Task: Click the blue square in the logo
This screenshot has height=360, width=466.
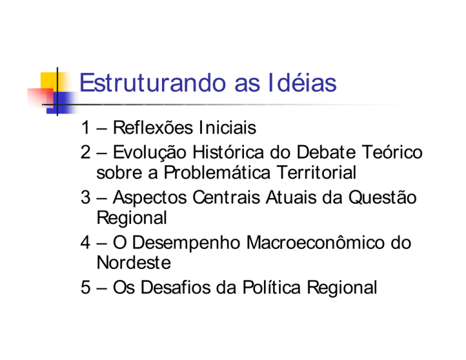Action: pos(60,103)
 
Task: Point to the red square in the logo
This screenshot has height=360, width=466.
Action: pos(41,98)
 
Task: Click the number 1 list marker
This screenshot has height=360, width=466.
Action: pos(86,127)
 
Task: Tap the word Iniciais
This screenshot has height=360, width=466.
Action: pos(228,127)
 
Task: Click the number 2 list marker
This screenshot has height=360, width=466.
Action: pos(86,152)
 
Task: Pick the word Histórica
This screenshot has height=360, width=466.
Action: pos(228,152)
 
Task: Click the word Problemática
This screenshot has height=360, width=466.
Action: pos(217,172)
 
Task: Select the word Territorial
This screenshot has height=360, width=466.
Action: pos(317,172)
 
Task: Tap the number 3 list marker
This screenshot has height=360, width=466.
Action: pos(86,197)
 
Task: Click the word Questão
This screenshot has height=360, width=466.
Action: pos(382,197)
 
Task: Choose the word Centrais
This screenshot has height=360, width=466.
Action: pos(226,197)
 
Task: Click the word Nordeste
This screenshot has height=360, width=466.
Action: pos(134,262)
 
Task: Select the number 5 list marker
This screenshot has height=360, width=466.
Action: pos(86,287)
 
